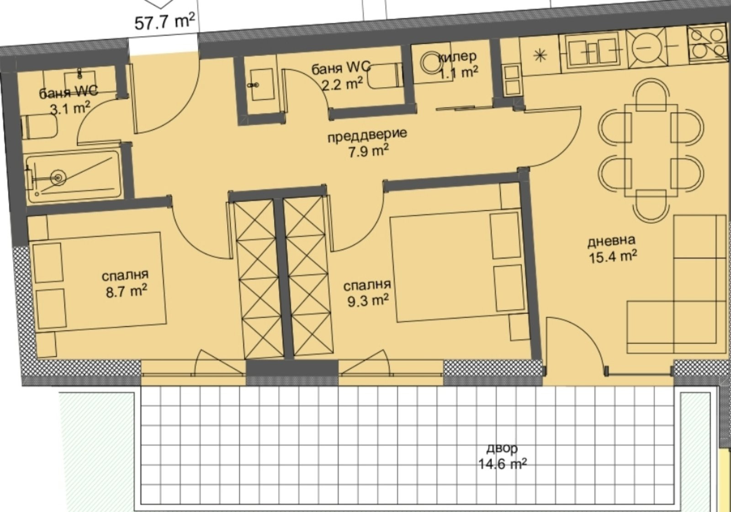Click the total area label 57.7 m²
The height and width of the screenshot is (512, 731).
(x=164, y=22)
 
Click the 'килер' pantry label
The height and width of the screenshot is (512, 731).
(x=457, y=57)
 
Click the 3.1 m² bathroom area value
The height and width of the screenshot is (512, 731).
(x=69, y=109)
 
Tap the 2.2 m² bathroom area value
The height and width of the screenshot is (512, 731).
(x=342, y=84)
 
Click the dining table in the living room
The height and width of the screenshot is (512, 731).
(x=651, y=151)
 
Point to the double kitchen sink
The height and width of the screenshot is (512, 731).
(x=593, y=52)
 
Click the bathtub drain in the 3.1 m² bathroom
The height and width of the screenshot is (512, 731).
(x=59, y=178)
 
